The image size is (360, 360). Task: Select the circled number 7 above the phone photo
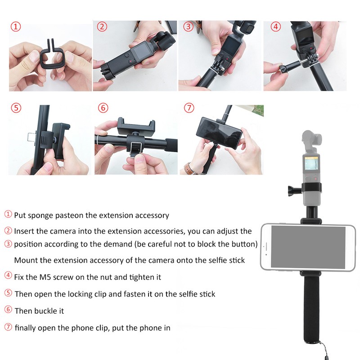tap(189, 108)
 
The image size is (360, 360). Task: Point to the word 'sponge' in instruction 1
tap(41, 216)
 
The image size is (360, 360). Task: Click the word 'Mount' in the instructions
tap(25, 260)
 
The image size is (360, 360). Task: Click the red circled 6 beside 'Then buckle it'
tap(8, 310)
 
